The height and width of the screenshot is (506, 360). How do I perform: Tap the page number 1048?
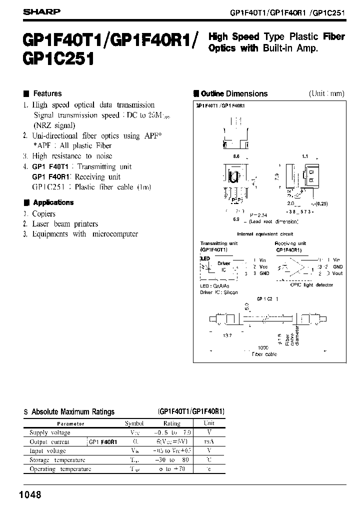point(29,495)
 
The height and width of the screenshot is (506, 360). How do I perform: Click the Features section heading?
point(46,93)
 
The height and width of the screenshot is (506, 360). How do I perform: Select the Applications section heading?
point(53,202)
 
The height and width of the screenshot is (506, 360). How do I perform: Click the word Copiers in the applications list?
point(44,213)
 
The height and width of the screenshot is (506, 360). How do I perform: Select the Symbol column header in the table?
point(134,423)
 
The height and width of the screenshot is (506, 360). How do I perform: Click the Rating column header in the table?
point(172,423)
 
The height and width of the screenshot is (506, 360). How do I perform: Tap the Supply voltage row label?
point(50,432)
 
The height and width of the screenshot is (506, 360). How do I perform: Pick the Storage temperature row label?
point(57,460)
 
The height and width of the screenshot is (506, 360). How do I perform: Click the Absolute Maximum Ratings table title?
point(73,412)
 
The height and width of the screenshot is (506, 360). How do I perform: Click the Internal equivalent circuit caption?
point(265,234)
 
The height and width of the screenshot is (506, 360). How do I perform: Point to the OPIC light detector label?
point(311,285)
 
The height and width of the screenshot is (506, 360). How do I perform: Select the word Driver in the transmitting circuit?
point(224,263)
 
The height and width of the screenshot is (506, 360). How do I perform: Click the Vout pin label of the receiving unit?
point(337,273)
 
